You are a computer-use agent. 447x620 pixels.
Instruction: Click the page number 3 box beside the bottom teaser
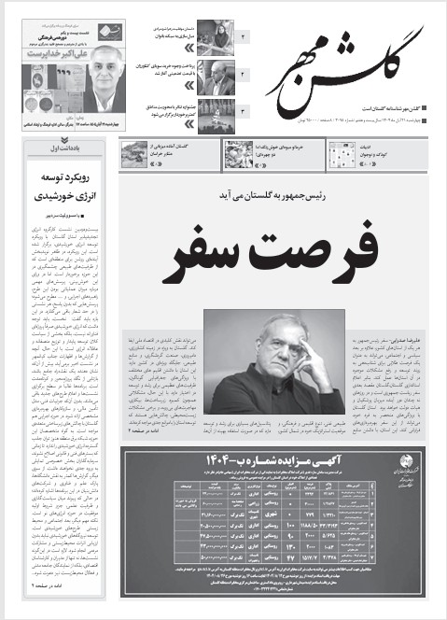[x=242, y=112]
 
